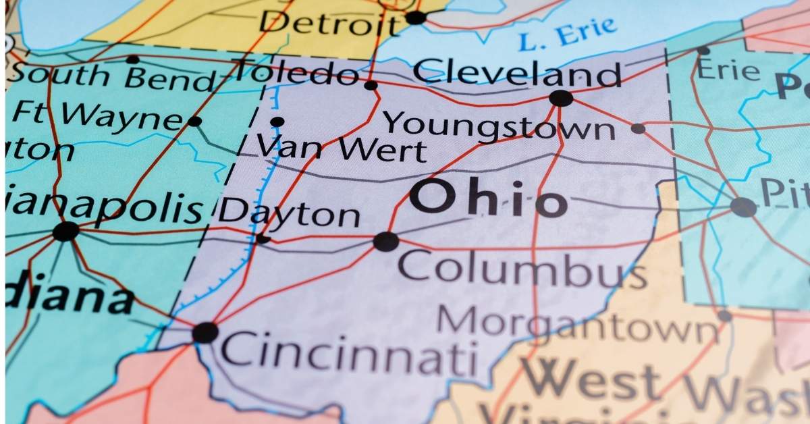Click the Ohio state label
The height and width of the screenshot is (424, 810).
[488, 198]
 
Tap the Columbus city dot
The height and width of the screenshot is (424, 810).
[385, 241]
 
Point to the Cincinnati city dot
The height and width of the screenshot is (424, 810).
[205, 332]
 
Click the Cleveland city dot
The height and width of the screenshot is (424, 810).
[561, 98]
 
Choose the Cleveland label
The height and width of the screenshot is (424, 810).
[517, 72]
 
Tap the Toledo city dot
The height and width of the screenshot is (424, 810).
[371, 85]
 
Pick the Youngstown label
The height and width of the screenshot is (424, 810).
[499, 126]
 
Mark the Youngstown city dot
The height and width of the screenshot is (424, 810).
[638, 128]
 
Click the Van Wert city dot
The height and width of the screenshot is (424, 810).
[277, 122]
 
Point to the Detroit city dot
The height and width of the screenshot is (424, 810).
[415, 18]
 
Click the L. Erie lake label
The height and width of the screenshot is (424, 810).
[568, 34]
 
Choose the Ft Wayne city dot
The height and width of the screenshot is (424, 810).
[194, 122]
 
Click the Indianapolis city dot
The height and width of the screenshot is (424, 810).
[65, 232]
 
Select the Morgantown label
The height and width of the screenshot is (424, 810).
[578, 325]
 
